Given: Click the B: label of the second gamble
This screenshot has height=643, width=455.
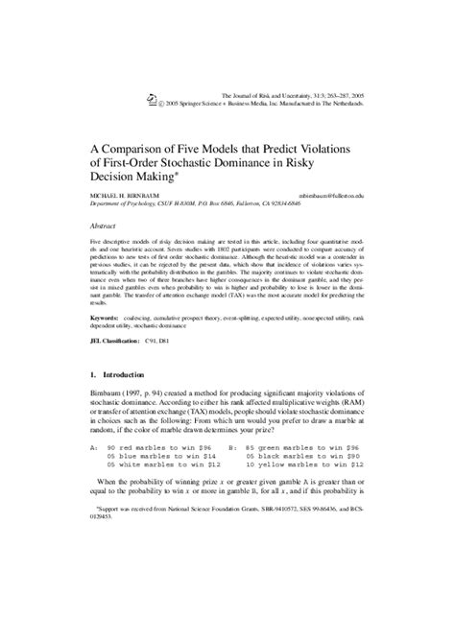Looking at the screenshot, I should click(x=233, y=502).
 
